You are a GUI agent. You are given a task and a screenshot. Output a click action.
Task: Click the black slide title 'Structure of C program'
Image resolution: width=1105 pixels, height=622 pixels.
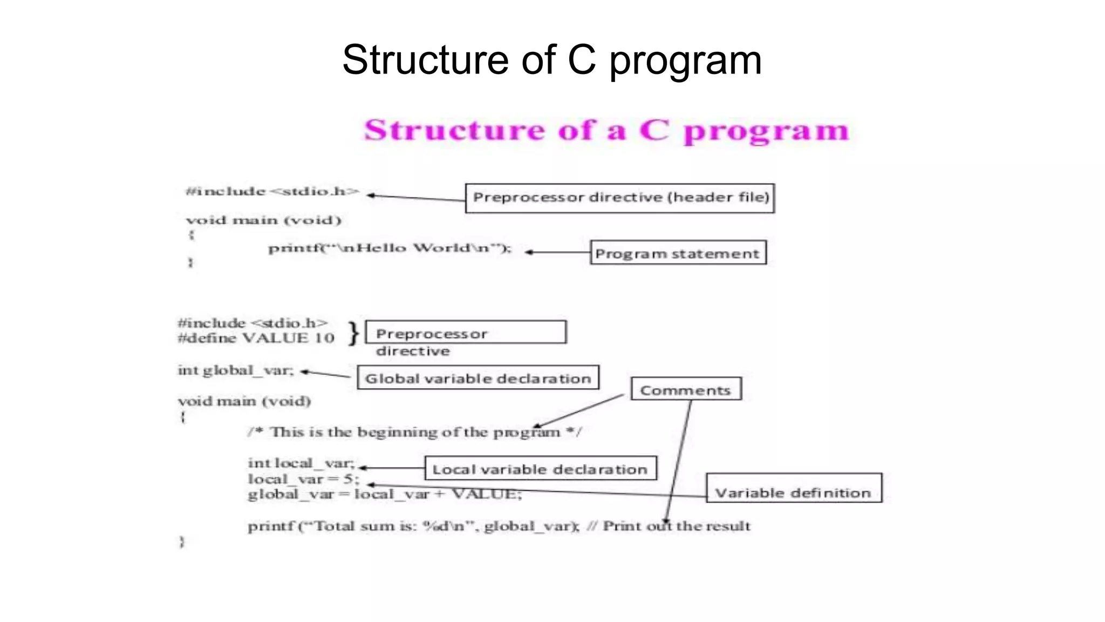tap(552, 60)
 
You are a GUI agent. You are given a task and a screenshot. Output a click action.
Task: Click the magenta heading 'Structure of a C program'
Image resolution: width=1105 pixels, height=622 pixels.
tap(606, 131)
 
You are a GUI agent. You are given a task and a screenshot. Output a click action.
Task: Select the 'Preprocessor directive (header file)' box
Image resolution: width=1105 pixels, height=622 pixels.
tap(620, 198)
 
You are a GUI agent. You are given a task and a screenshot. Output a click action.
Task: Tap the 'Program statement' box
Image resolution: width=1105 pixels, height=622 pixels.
tap(678, 253)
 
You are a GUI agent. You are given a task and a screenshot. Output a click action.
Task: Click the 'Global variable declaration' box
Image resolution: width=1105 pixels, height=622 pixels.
tap(478, 377)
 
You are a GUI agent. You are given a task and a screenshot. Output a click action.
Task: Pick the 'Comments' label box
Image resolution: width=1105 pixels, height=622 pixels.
tap(686, 389)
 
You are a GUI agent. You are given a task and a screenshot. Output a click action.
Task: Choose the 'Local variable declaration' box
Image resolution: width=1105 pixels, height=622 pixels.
tap(540, 468)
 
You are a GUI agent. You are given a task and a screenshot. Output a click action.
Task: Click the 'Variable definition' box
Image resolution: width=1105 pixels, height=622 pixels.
tap(794, 489)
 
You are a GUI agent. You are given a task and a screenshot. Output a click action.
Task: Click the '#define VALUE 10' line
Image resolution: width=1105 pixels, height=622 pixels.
tap(256, 339)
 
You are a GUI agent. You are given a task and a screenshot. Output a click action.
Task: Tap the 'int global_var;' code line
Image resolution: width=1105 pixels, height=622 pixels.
tap(236, 370)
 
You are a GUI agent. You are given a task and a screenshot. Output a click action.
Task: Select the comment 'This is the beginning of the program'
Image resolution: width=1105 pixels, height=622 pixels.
tap(414, 432)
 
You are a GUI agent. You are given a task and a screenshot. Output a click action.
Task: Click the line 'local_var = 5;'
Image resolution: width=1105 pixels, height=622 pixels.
tap(303, 479)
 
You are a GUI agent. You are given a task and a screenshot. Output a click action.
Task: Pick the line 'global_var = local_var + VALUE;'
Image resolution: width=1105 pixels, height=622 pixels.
tap(385, 494)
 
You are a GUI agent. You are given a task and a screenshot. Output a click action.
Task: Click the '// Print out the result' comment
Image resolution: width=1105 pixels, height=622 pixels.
tap(669, 526)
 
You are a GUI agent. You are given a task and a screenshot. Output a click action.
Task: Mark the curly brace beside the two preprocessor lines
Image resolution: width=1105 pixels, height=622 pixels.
tap(353, 333)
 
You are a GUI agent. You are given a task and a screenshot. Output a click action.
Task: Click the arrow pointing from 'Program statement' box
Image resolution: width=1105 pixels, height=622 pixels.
tap(557, 252)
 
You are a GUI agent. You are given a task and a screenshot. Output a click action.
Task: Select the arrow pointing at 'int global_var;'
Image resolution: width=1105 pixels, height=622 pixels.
tap(325, 374)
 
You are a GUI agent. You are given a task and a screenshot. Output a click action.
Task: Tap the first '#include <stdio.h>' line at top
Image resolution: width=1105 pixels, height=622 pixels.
tap(272, 192)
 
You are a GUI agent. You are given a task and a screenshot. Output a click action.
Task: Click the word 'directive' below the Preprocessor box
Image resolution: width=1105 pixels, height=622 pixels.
tap(413, 351)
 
